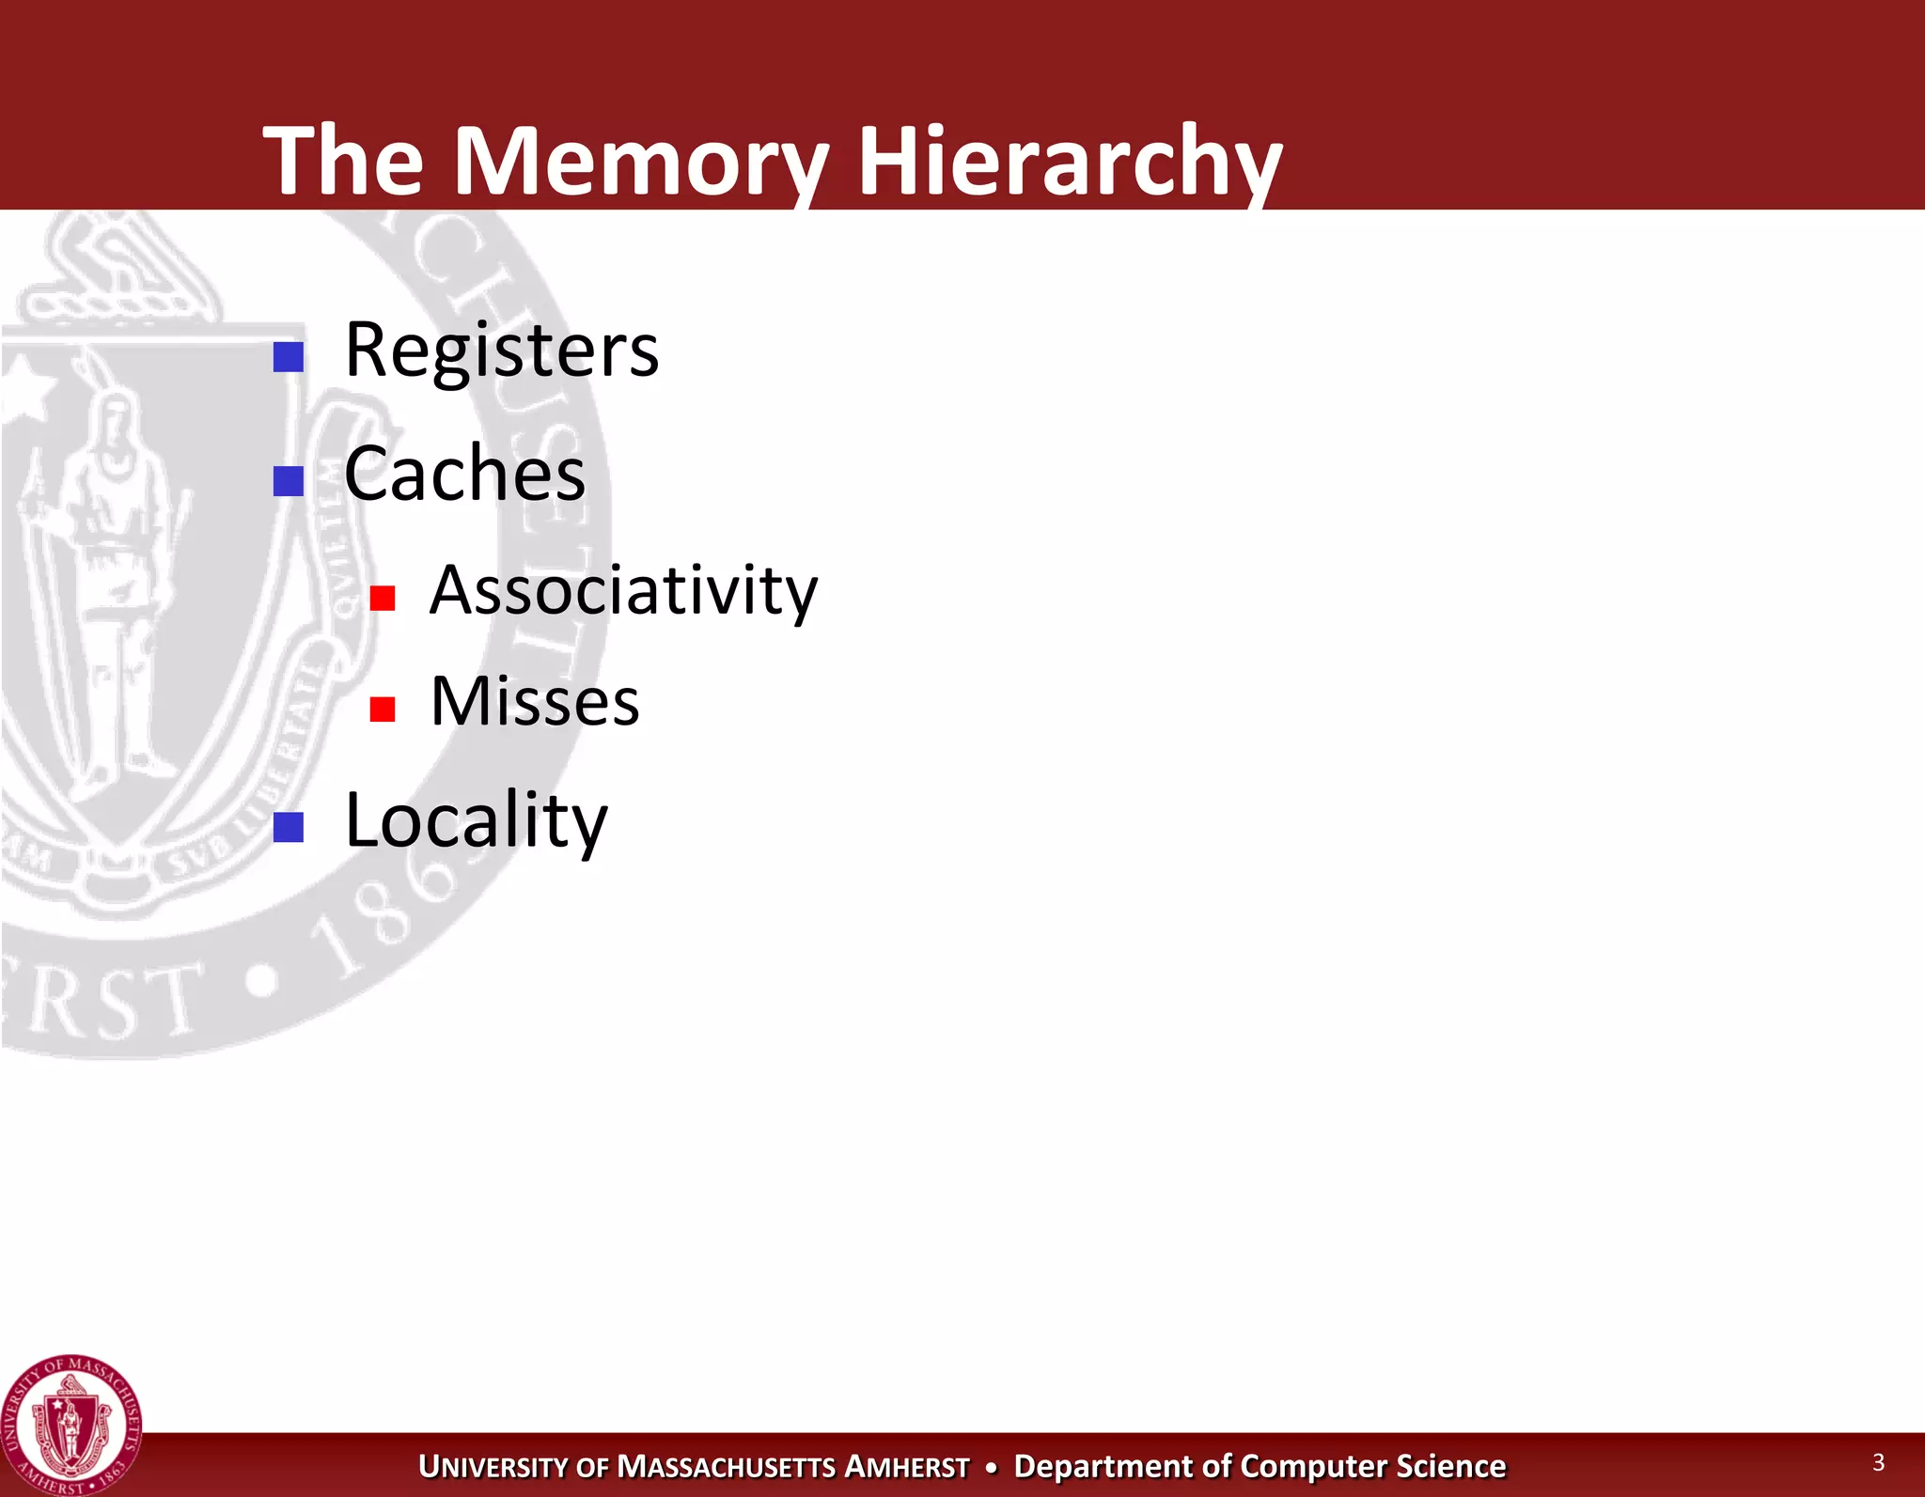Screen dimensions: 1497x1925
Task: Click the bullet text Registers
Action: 502,351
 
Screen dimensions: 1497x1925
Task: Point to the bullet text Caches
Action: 464,475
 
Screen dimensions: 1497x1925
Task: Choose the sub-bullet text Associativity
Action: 623,591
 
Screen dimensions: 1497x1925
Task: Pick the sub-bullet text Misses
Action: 534,702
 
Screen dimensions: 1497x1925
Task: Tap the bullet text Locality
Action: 477,821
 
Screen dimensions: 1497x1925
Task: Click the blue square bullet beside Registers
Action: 289,357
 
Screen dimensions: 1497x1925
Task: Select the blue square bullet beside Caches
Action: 289,481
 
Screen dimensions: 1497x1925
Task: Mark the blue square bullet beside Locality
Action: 289,827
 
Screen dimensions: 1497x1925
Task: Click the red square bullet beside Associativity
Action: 383,598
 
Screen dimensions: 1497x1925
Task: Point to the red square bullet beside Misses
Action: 383,709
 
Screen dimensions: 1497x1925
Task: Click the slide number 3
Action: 1878,1462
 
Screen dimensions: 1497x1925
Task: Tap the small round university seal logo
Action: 71,1426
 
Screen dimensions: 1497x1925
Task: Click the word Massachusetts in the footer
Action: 725,1467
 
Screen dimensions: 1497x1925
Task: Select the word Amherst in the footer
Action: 906,1467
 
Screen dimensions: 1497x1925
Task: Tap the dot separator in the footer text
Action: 992,1467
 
